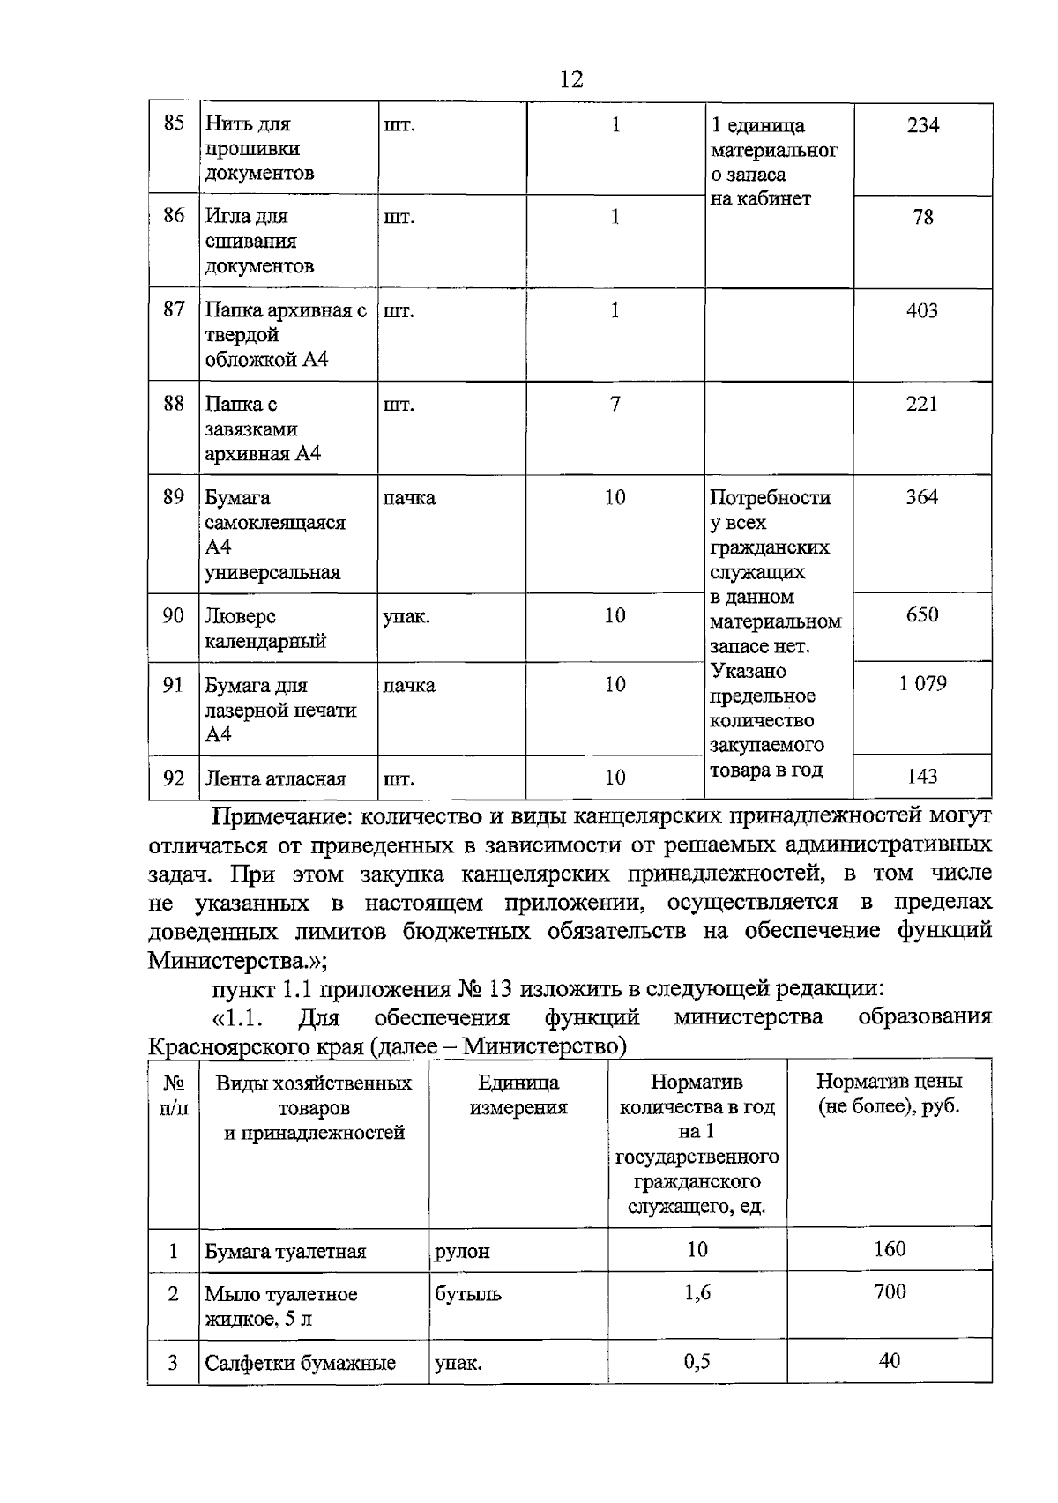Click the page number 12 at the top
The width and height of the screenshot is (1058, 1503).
(x=570, y=79)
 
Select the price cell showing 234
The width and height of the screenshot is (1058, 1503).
(x=922, y=125)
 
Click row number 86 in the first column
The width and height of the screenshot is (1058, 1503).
(x=174, y=215)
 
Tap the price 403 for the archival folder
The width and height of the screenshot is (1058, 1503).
(x=922, y=310)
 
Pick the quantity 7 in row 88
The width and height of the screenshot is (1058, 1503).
(x=615, y=404)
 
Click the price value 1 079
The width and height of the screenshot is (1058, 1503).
(x=922, y=683)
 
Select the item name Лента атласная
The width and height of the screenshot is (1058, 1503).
(x=275, y=778)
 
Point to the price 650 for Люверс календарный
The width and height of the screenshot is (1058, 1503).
(x=922, y=614)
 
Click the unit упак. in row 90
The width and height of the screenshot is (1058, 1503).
(x=406, y=615)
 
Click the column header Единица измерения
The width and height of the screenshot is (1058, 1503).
(x=518, y=1095)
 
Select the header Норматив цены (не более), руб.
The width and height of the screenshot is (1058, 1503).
(x=889, y=1093)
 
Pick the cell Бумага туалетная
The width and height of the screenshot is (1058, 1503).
(x=285, y=1251)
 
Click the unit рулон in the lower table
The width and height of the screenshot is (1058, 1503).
(x=462, y=1251)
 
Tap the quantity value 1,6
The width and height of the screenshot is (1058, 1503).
(x=697, y=1292)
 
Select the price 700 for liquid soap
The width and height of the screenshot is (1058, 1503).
(x=890, y=1291)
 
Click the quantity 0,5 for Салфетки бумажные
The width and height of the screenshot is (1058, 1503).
(x=697, y=1361)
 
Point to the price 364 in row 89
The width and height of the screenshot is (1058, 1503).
(x=922, y=496)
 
